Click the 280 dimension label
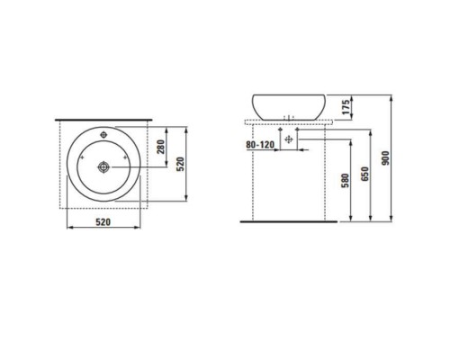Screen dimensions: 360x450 pyautogui.click(x=162, y=148)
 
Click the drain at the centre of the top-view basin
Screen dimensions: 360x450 pyautogui.click(x=103, y=166)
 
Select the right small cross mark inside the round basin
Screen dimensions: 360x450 pyautogui.click(x=126, y=166)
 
